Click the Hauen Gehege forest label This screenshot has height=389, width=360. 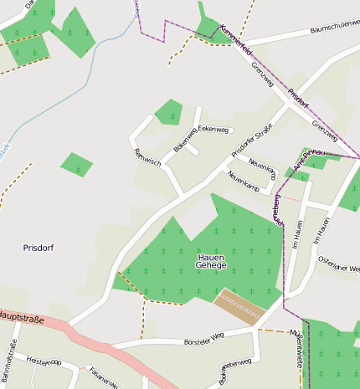[211, 261]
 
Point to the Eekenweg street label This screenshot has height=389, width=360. [213, 130]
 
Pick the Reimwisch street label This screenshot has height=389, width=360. [147, 156]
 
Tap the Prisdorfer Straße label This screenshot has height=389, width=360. [251, 139]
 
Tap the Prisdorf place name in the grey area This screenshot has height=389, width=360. [39, 248]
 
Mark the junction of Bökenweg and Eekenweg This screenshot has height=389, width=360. [197, 129]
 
